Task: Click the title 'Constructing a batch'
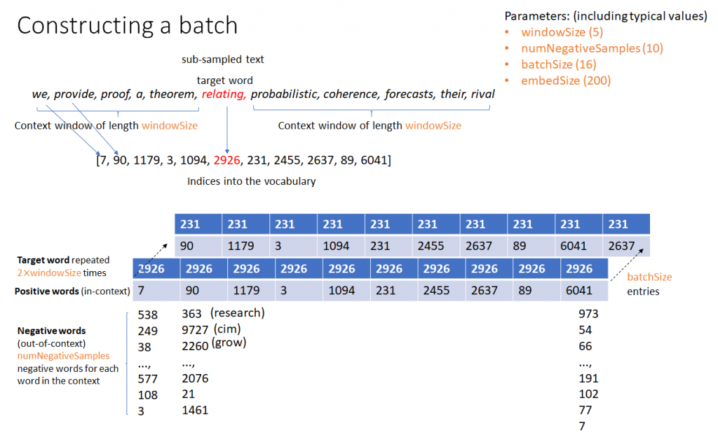[127, 25]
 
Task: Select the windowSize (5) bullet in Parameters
[562, 32]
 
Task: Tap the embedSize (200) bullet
[566, 81]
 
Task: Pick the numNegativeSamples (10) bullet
[592, 48]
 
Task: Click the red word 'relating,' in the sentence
[224, 94]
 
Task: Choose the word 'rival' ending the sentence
[483, 94]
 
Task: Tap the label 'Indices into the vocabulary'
[251, 181]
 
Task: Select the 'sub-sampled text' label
[222, 60]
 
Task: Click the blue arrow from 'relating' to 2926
[226, 126]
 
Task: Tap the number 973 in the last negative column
[585, 315]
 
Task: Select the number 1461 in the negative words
[195, 410]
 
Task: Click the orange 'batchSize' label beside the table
[649, 277]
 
